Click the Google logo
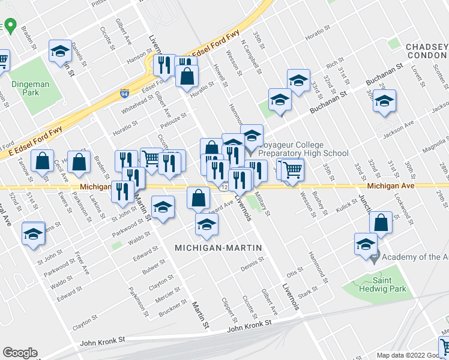point(20,353)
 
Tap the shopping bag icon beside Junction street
point(382,223)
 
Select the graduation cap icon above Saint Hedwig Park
point(365,244)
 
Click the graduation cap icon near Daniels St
point(60,52)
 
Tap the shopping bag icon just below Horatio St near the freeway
point(188,76)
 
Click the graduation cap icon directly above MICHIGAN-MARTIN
point(206,225)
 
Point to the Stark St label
point(307,293)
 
